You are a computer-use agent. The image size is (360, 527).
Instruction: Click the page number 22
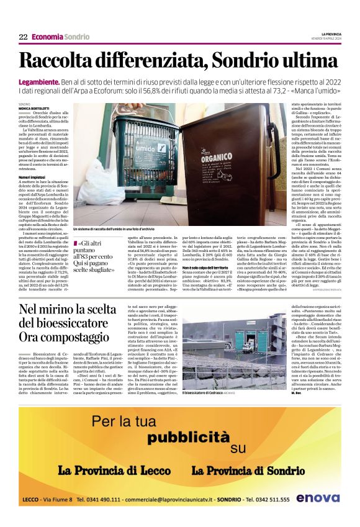[x=23, y=37]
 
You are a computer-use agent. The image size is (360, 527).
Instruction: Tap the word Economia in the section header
[x=47, y=37]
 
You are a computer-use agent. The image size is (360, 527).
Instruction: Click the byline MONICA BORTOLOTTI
[x=35, y=108]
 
